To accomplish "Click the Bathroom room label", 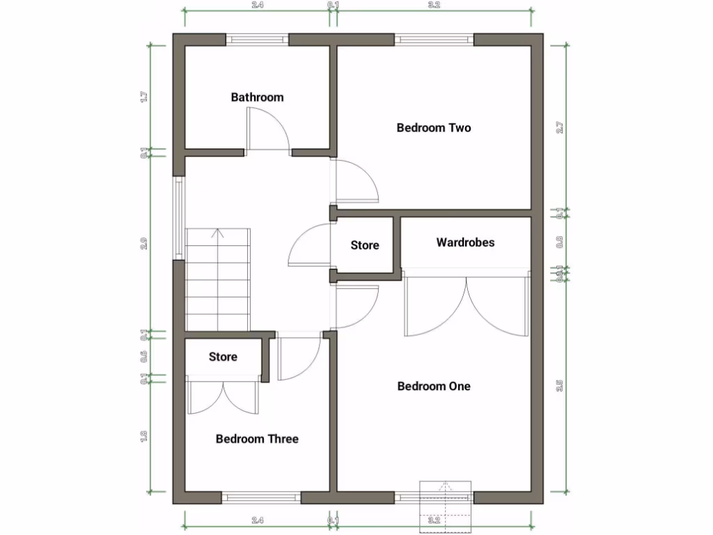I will (x=257, y=98).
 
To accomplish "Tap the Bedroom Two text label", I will (x=433, y=127).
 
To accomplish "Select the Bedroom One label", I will (x=433, y=386).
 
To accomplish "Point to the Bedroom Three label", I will (x=257, y=439).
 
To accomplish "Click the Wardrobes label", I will (x=465, y=242).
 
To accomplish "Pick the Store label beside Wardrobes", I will (x=364, y=245).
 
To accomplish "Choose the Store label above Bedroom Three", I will (x=223, y=357).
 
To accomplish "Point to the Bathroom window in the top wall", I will (x=257, y=40).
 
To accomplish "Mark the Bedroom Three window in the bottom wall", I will (x=261, y=497).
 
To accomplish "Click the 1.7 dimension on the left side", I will (x=144, y=97).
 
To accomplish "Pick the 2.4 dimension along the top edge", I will (x=257, y=6).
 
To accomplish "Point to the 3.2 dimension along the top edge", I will (x=434, y=6).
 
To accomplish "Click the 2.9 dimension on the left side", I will (x=144, y=244).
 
